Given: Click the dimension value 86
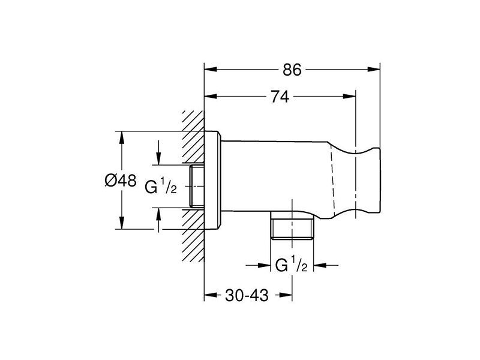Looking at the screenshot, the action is coord(292,70).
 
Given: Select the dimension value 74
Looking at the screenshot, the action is coord(280,97).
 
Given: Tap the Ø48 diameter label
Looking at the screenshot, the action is coord(121,181).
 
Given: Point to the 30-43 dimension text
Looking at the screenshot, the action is coord(247,295).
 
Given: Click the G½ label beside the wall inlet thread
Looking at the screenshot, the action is coord(161,187).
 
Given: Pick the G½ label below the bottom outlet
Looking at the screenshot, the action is coord(291,265).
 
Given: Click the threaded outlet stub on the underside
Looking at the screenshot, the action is coord(292,228).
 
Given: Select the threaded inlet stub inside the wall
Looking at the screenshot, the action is coord(197,186).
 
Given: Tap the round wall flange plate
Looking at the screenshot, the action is coord(212,181).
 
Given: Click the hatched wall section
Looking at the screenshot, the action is coord(193,186).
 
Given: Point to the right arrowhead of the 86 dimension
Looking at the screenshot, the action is coord(374,70).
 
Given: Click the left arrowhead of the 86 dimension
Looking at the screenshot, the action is coord(211,70).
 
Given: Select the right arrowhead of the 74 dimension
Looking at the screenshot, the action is coord(349,97).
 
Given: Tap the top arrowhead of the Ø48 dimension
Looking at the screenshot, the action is coord(122,138).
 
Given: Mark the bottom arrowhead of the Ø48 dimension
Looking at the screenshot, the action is coord(122,223).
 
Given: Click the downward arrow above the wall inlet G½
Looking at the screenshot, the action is coord(158,152).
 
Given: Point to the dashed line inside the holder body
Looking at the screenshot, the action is coord(333,180).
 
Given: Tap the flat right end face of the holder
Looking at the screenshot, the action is coord(380,181).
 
